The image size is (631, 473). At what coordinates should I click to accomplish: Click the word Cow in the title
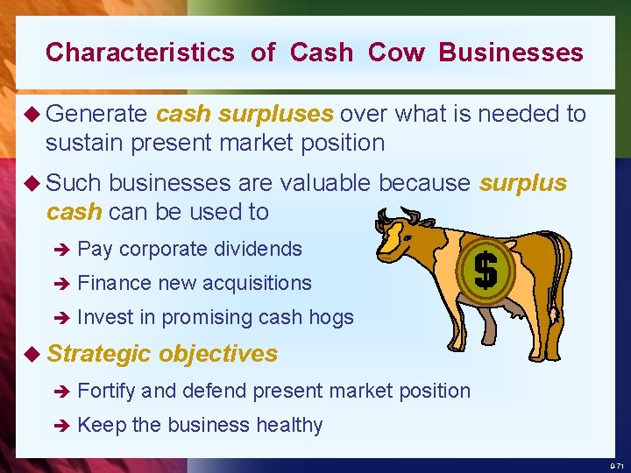[x=396, y=53]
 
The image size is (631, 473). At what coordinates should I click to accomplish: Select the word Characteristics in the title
[x=140, y=53]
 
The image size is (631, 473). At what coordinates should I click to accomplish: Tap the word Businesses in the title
[x=511, y=53]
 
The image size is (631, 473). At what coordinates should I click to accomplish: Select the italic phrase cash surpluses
[x=245, y=114]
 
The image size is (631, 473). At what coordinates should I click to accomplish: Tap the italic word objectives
[x=218, y=354]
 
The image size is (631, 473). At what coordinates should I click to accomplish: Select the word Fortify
[x=106, y=391]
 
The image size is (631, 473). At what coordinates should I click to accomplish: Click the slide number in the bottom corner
[x=615, y=465]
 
